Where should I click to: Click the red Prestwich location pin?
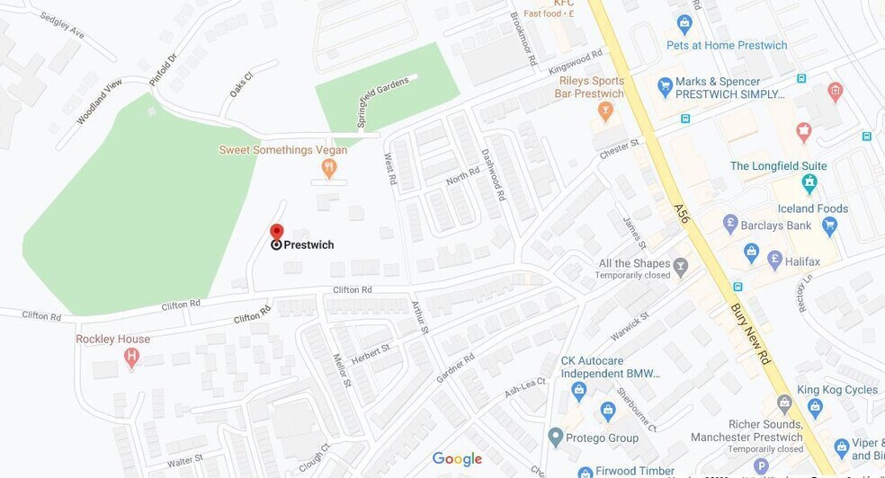click(277, 233)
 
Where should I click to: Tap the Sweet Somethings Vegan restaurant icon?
click(329, 167)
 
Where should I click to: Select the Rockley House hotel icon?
click(132, 357)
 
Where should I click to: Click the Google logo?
click(457, 459)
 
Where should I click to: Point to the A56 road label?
click(683, 213)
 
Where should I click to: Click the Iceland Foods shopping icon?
click(829, 226)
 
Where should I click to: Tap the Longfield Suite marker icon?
click(809, 183)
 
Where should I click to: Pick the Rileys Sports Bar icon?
click(605, 111)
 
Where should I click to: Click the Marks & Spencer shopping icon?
click(665, 87)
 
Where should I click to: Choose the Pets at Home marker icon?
click(684, 24)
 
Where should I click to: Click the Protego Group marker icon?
click(555, 438)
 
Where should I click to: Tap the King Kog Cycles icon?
click(815, 407)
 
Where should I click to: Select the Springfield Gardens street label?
click(382, 102)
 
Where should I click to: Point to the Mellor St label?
click(343, 369)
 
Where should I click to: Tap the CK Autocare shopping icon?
click(578, 391)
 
